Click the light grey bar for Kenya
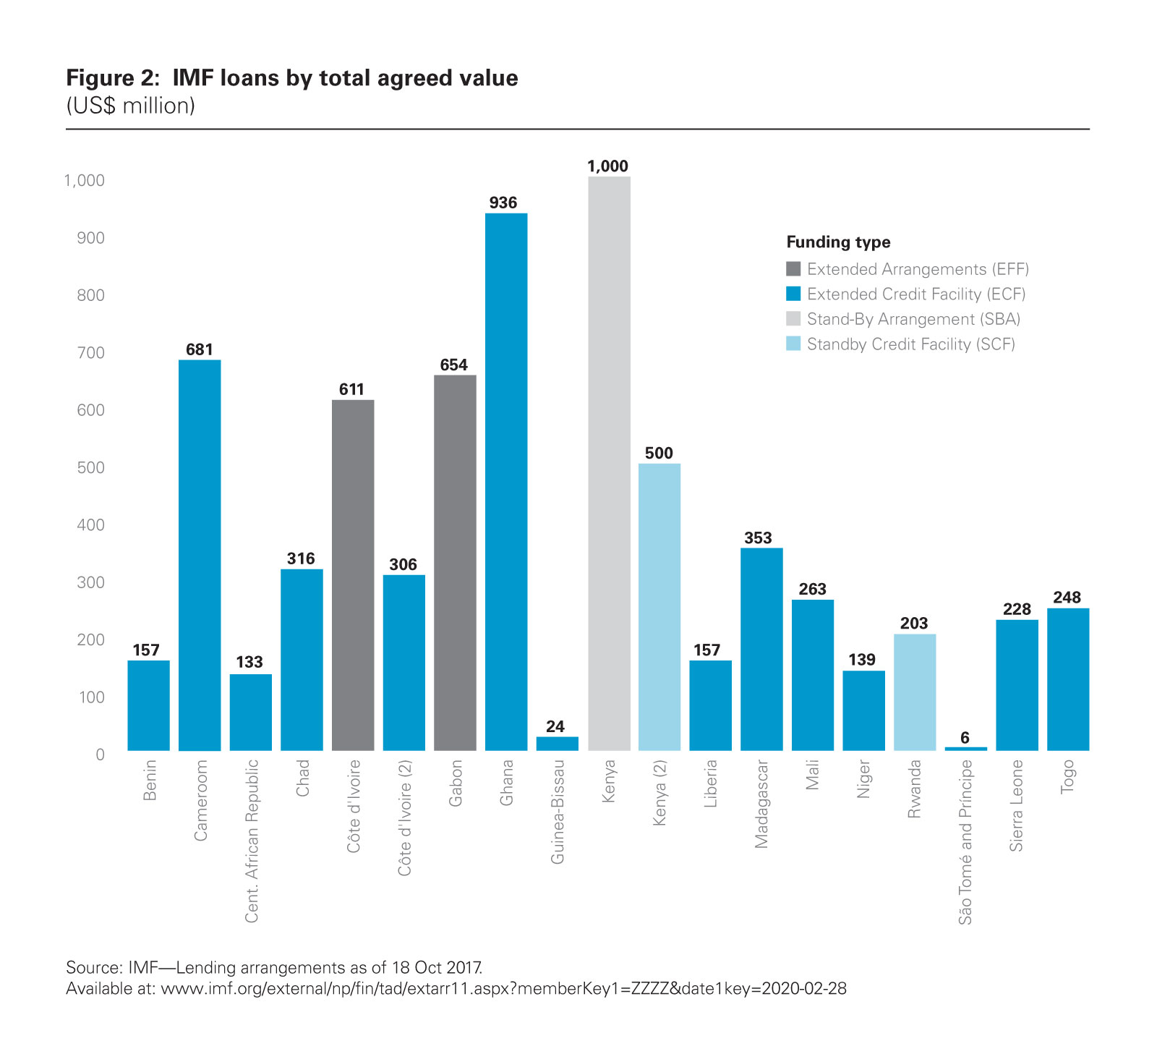pos(609,463)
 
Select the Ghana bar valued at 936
pos(506,481)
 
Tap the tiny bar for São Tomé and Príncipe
pos(965,748)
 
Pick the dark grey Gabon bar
pos(455,562)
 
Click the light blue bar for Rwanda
pos(915,692)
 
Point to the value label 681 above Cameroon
pos(200,350)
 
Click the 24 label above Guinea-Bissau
pos(555,726)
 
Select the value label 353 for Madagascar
pos(758,538)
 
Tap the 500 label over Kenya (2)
pos(659,454)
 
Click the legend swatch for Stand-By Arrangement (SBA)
pos(793,319)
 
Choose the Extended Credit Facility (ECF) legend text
pos(915,294)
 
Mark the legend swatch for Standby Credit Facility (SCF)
pos(793,344)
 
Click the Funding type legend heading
pos(838,242)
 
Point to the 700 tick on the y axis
pos(90,353)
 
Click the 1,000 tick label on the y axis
pos(85,181)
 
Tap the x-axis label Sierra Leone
pos(1017,805)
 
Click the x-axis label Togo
pos(1068,777)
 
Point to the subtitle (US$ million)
pos(131,106)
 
